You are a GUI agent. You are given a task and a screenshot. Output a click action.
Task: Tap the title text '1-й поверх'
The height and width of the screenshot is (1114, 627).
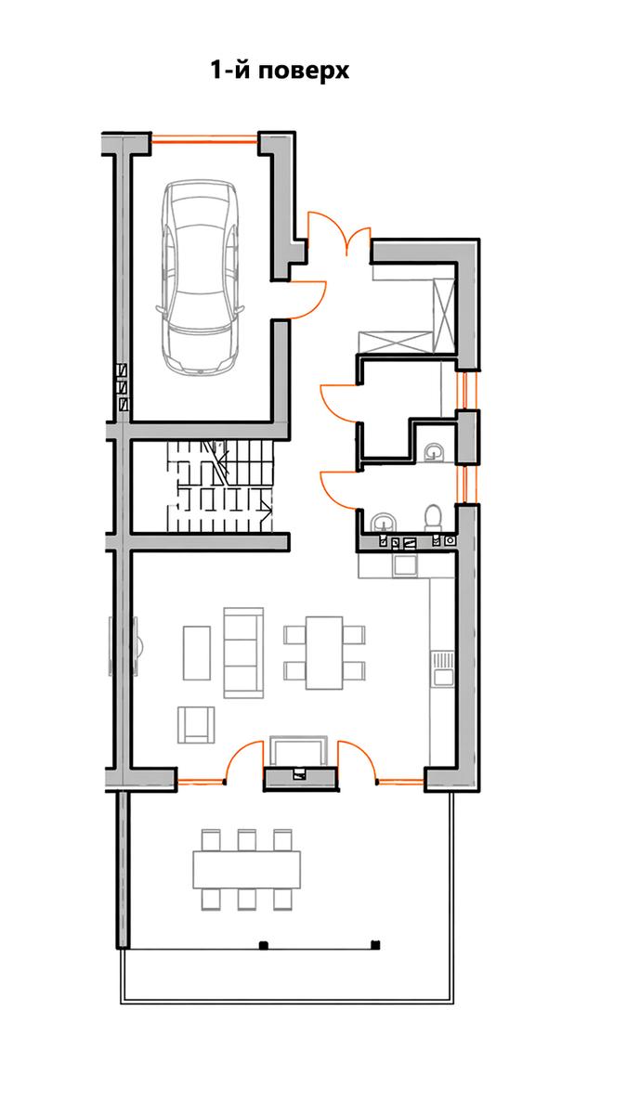click(x=280, y=71)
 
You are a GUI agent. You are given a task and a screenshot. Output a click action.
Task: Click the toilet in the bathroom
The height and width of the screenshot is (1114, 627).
click(x=433, y=517)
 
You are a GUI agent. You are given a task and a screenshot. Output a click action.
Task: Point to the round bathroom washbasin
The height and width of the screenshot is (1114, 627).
click(x=384, y=521)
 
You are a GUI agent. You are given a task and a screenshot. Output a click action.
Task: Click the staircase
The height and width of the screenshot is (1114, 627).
click(x=220, y=486)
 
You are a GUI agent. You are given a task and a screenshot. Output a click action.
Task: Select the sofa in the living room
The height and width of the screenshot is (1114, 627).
click(x=242, y=652)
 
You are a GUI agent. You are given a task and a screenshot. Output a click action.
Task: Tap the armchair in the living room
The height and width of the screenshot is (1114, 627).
click(x=197, y=725)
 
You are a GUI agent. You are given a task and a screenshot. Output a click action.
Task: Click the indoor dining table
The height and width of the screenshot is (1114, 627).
click(x=324, y=653)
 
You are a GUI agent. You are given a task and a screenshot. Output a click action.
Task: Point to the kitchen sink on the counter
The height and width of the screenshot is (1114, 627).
click(x=443, y=669)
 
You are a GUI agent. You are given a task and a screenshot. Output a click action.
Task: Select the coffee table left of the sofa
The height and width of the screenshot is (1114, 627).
click(x=197, y=653)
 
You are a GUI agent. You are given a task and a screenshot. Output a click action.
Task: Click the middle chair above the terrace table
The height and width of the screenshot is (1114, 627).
click(x=247, y=840)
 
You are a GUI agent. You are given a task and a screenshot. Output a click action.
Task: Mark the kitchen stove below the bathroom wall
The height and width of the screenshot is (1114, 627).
click(x=405, y=564)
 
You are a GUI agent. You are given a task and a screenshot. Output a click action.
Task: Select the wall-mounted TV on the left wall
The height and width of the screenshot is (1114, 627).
click(x=111, y=646)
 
